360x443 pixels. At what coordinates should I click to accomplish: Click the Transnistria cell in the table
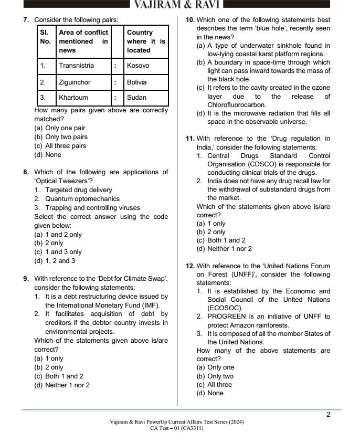click(x=77, y=66)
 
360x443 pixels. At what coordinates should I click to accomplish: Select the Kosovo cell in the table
click(x=138, y=66)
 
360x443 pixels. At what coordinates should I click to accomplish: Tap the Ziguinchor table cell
click(x=75, y=82)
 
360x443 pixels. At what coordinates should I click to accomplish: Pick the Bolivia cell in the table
click(x=136, y=82)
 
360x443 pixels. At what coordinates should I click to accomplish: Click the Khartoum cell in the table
click(x=73, y=98)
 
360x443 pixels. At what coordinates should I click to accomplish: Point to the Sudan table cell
click(x=136, y=98)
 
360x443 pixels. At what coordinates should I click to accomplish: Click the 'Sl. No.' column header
click(x=45, y=37)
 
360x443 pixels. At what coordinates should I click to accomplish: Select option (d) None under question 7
click(x=48, y=155)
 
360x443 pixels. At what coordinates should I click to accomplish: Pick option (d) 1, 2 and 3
click(x=55, y=261)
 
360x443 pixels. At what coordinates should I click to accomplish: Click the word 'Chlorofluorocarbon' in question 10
click(x=237, y=105)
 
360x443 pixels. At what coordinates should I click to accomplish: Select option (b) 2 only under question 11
click(x=211, y=232)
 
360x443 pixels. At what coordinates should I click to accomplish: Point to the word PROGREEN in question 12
click(x=226, y=317)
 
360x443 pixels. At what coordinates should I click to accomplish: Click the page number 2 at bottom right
click(x=328, y=415)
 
